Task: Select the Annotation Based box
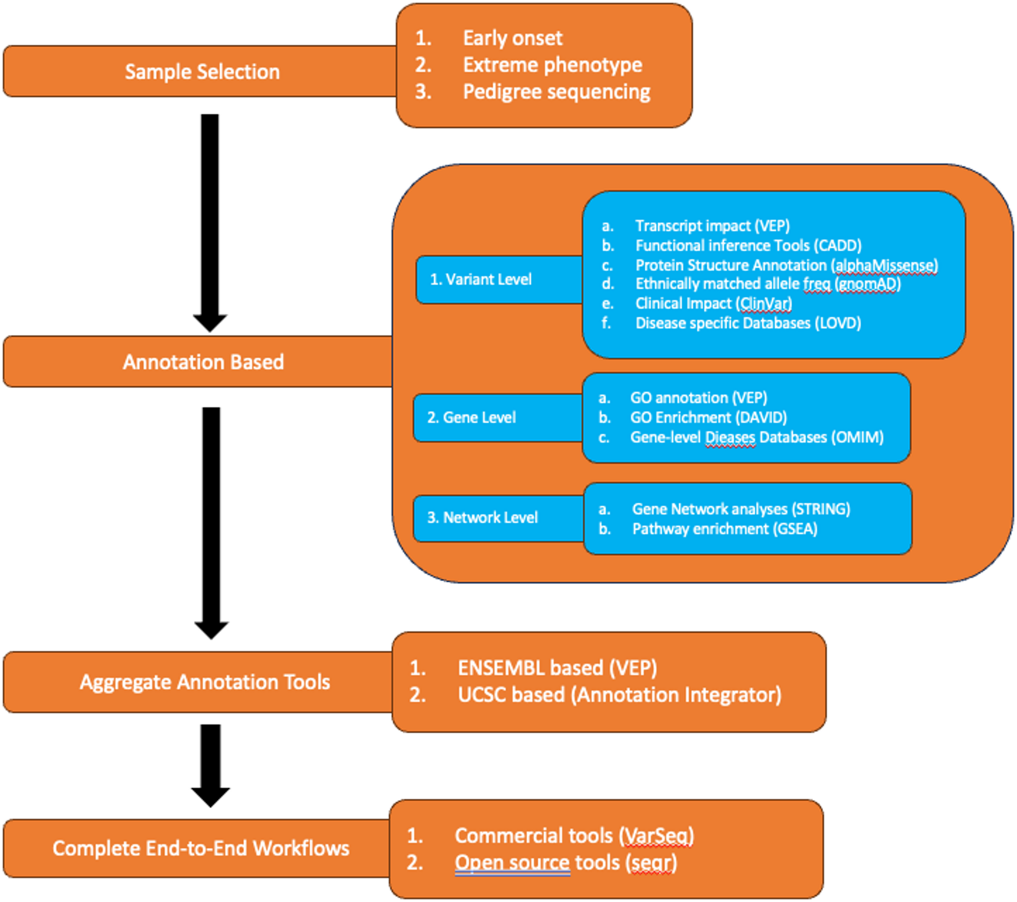click(203, 362)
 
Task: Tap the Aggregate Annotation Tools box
click(205, 682)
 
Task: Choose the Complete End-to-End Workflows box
click(201, 848)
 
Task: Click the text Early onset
click(513, 39)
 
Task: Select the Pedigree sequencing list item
click(556, 92)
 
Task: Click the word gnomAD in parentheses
click(868, 284)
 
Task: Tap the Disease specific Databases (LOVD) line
click(748, 323)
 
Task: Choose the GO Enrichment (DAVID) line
click(708, 418)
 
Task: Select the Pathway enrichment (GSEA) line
click(724, 529)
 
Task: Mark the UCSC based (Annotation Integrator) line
click(619, 695)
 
